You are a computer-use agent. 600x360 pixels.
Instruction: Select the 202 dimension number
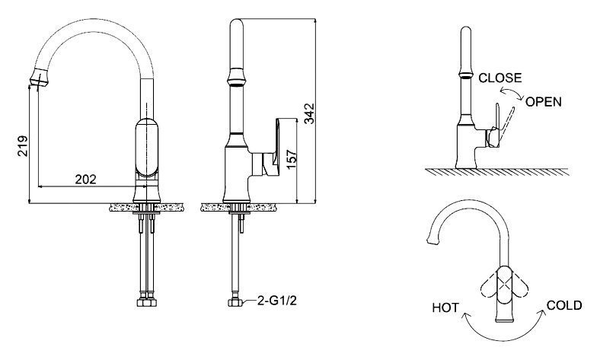click(x=85, y=179)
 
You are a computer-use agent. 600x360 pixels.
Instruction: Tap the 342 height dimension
click(x=309, y=113)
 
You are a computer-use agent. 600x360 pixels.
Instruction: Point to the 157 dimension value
click(x=292, y=159)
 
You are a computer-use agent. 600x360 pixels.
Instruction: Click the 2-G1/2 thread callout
click(x=277, y=301)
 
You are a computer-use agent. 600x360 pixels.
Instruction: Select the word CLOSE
click(x=500, y=78)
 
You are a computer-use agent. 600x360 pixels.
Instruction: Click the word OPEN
click(x=544, y=102)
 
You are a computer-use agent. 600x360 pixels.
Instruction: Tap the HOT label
click(x=445, y=307)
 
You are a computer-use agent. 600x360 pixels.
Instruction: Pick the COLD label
click(x=564, y=305)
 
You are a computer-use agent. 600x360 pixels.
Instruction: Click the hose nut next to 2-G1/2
click(x=235, y=302)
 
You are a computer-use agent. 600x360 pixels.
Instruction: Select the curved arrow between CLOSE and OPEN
click(x=512, y=93)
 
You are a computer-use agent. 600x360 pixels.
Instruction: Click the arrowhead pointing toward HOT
click(x=466, y=315)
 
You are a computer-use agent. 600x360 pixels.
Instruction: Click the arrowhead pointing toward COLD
click(x=542, y=313)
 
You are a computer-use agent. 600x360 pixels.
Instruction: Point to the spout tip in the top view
click(x=432, y=240)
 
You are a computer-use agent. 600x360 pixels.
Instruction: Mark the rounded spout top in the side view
click(x=237, y=24)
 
